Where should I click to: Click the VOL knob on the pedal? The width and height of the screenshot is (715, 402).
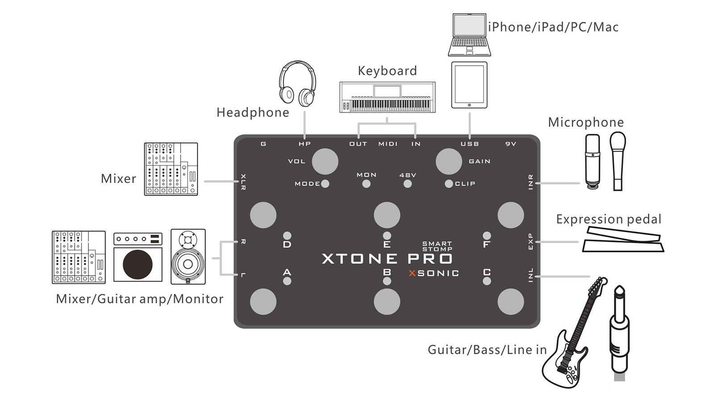(325, 161)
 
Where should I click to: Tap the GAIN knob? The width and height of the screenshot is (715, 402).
(449, 161)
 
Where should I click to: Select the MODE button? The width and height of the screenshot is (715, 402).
(325, 184)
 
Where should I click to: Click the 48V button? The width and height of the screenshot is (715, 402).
(408, 184)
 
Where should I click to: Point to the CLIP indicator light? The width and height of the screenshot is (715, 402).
(449, 184)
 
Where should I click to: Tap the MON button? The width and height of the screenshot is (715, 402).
(366, 184)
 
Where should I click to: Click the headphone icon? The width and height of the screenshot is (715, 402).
(298, 84)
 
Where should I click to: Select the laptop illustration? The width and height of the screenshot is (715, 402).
(470, 35)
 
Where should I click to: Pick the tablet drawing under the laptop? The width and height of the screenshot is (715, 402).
(469, 85)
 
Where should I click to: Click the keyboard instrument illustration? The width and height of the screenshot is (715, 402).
(387, 97)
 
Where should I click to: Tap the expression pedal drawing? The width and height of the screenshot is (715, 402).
(623, 239)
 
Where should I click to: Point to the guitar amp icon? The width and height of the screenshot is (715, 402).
(138, 257)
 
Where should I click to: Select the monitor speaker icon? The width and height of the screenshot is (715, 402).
(188, 256)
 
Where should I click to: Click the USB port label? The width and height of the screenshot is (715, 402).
(470, 144)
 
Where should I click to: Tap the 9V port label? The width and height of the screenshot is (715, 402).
(511, 144)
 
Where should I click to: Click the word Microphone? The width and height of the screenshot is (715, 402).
(586, 122)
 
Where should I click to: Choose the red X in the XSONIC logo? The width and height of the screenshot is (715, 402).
(412, 273)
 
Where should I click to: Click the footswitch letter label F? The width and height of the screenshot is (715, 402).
(487, 245)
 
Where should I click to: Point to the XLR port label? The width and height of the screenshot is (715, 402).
(243, 182)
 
